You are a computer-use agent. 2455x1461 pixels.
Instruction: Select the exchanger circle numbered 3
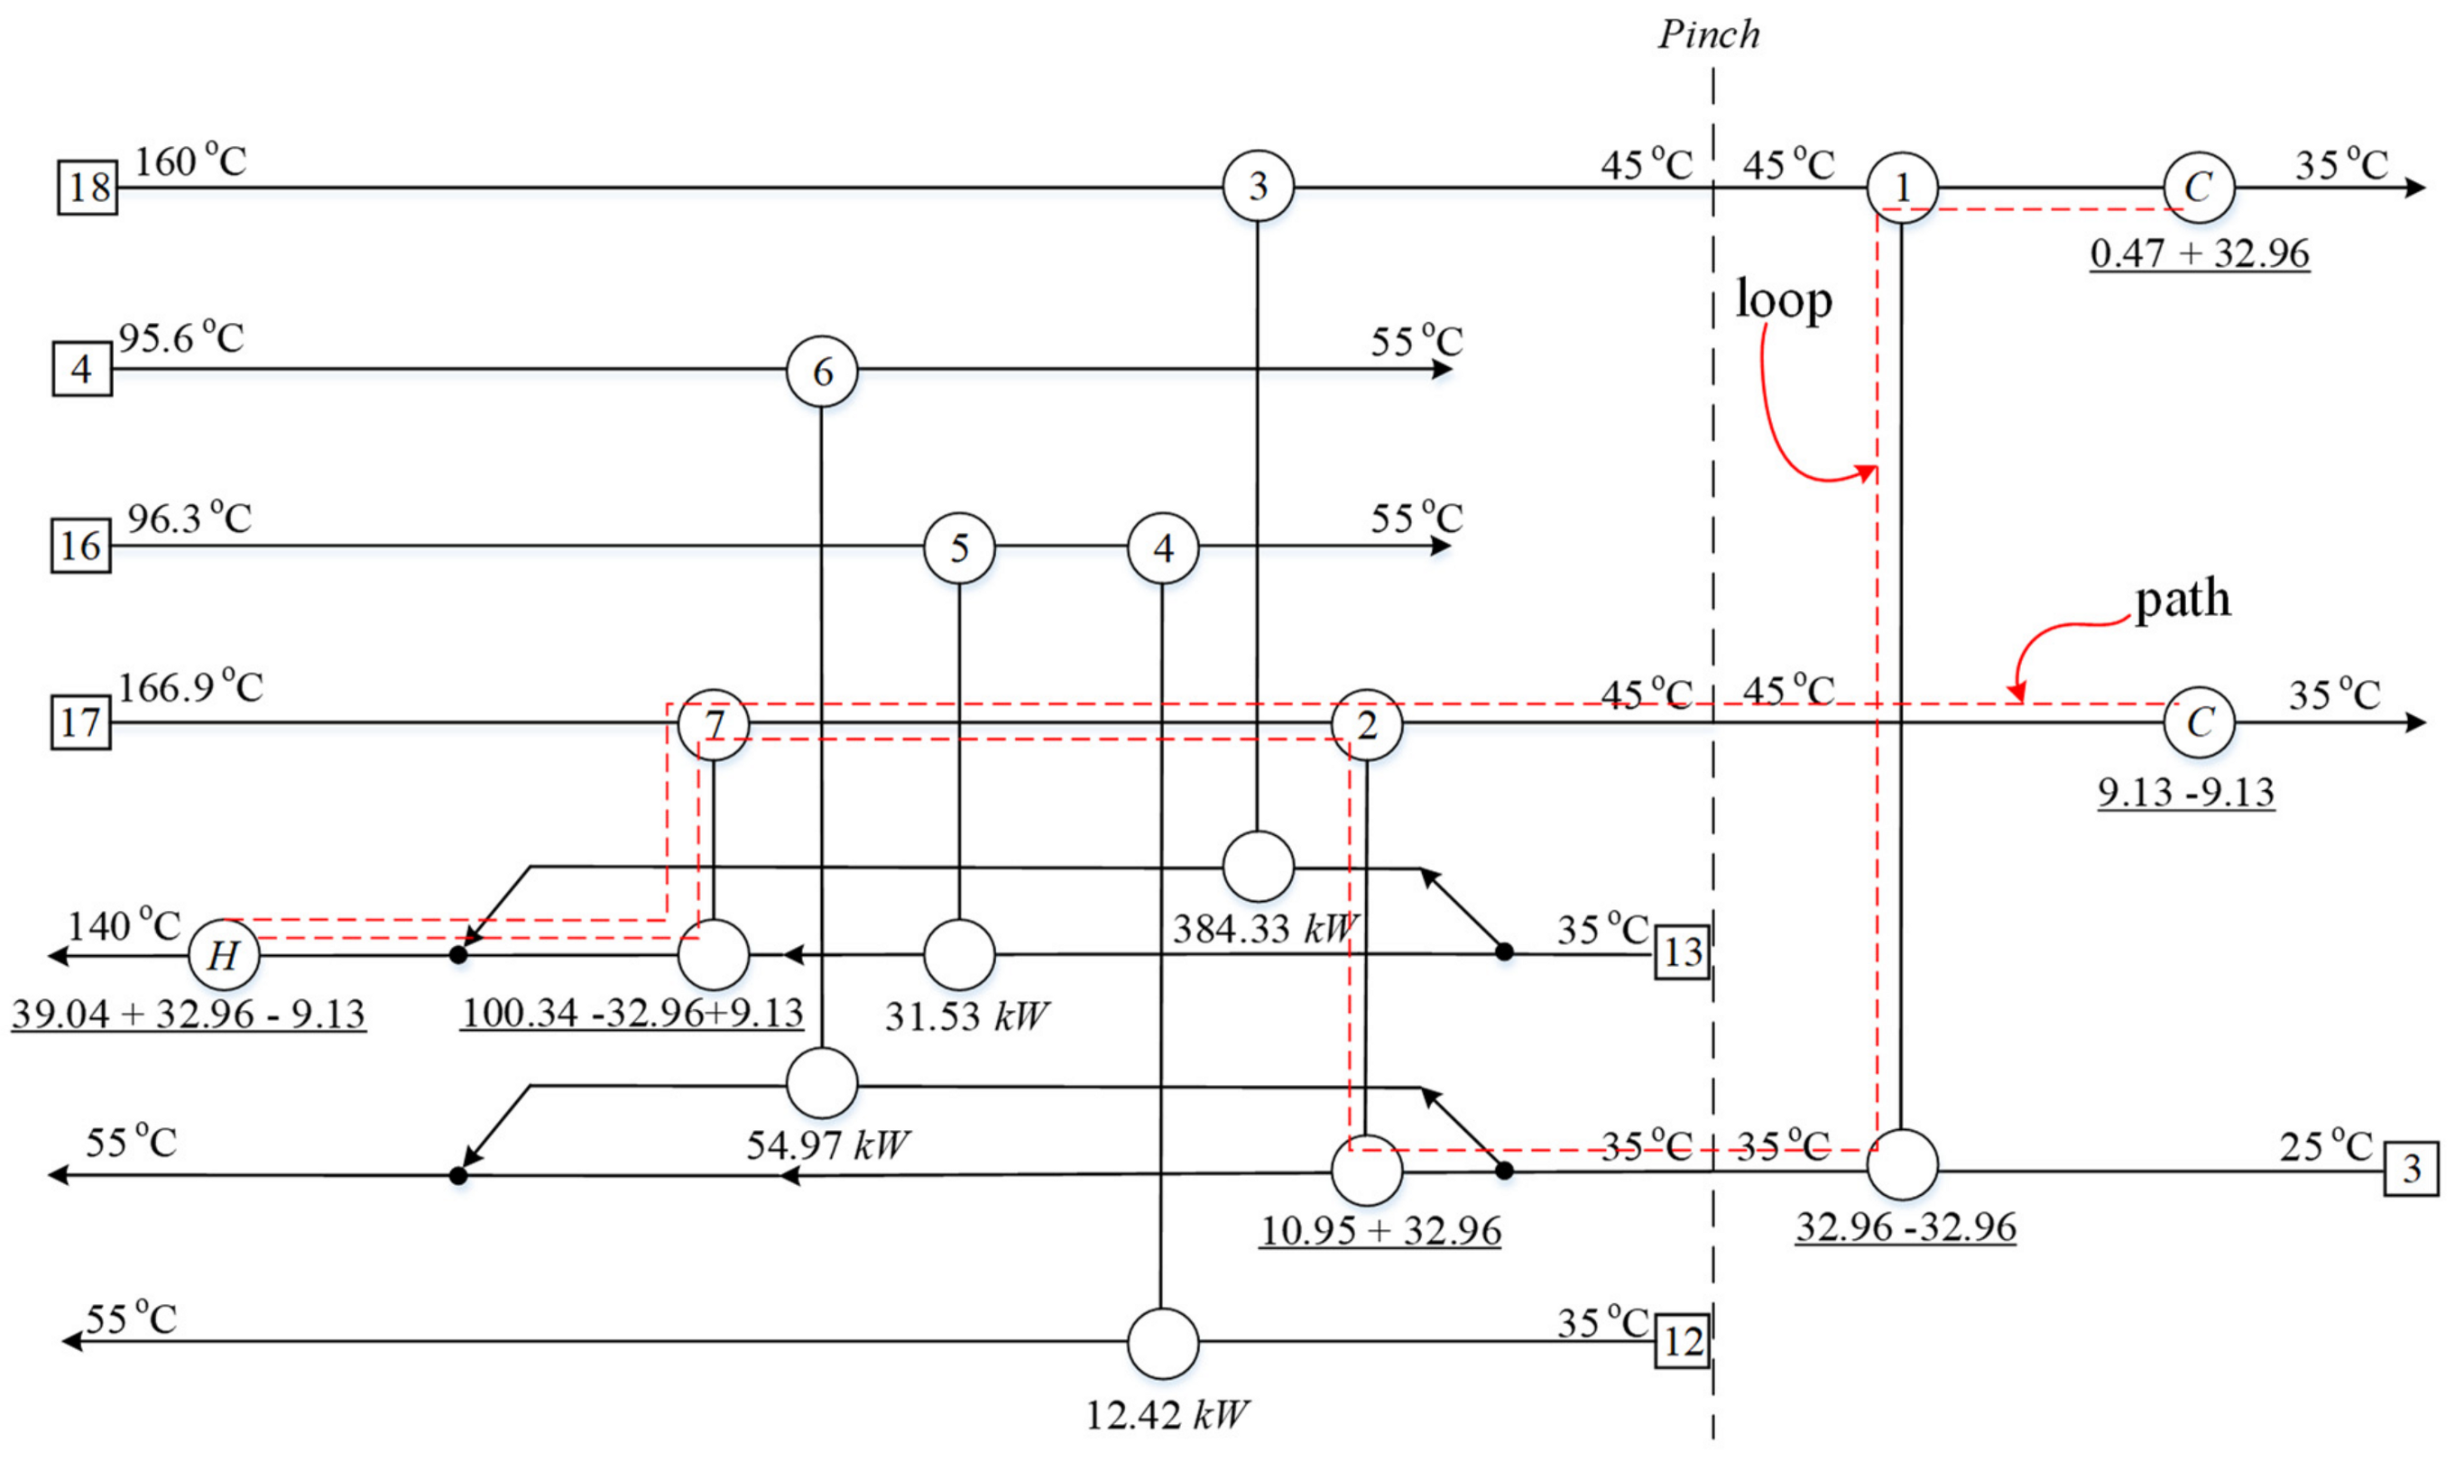tap(1258, 185)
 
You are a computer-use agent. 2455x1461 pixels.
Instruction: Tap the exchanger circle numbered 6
tap(822, 372)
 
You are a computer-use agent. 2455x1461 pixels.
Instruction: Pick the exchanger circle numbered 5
tap(959, 548)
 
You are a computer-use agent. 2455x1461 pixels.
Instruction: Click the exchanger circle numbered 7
tap(714, 724)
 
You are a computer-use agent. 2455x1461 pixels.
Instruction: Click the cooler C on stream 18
tap(2198, 187)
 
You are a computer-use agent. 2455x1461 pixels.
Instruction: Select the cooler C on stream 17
tap(2198, 723)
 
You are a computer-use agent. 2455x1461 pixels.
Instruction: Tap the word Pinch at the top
tap(1709, 34)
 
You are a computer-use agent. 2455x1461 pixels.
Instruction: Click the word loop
tap(1784, 299)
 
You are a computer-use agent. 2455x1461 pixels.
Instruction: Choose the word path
tap(2183, 599)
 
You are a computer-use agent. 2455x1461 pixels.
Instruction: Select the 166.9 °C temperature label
tap(191, 687)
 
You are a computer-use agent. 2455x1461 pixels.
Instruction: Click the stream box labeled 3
tap(2410, 1169)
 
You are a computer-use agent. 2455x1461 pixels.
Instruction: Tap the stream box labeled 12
tap(1682, 1341)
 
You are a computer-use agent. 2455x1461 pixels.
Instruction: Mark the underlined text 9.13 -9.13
tap(2185, 793)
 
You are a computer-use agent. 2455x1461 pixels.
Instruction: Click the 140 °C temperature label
tap(125, 925)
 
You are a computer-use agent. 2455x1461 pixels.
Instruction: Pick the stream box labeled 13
tap(1682, 952)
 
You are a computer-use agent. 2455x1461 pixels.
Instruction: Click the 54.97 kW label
tap(827, 1144)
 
